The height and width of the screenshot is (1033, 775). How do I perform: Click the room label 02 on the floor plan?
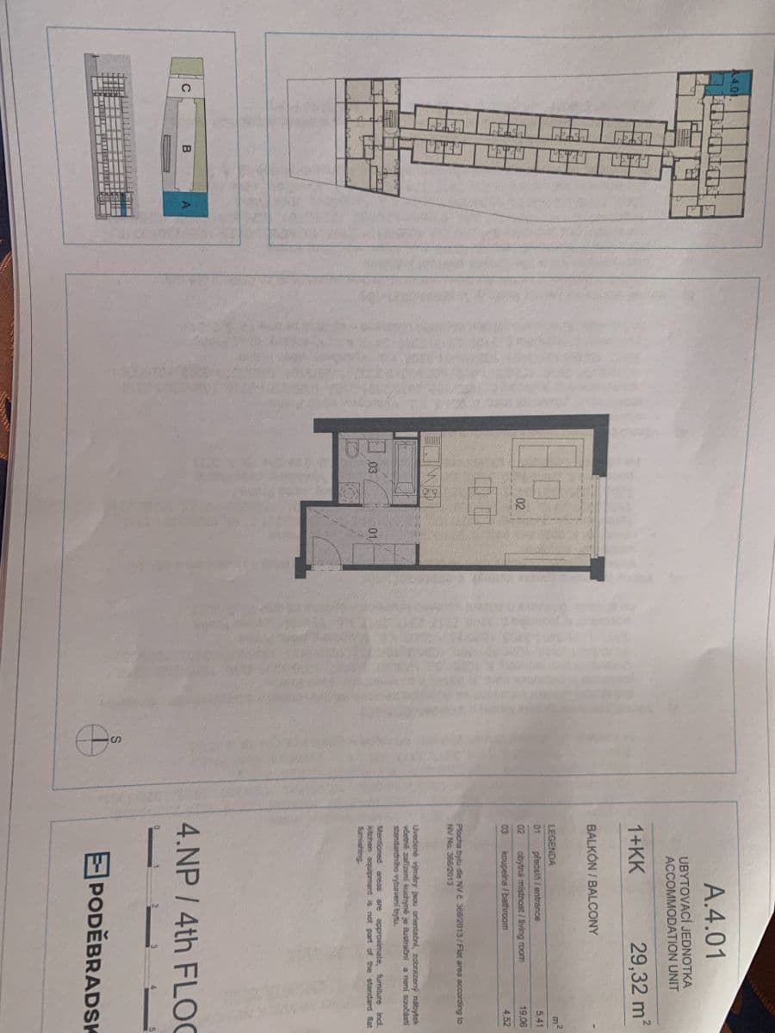(x=520, y=502)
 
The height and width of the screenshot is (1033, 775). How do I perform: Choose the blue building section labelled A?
(x=183, y=203)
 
